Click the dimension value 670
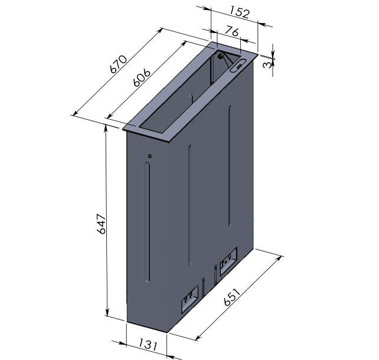tap(118, 64)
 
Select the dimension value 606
tap(142, 77)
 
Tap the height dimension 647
tap(102, 224)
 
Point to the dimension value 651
tap(232, 297)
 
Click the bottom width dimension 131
tap(148, 344)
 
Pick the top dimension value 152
tap(239, 12)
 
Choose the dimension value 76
tap(232, 32)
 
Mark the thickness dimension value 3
tap(267, 65)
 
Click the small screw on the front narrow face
tap(150, 156)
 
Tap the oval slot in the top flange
tap(239, 66)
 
